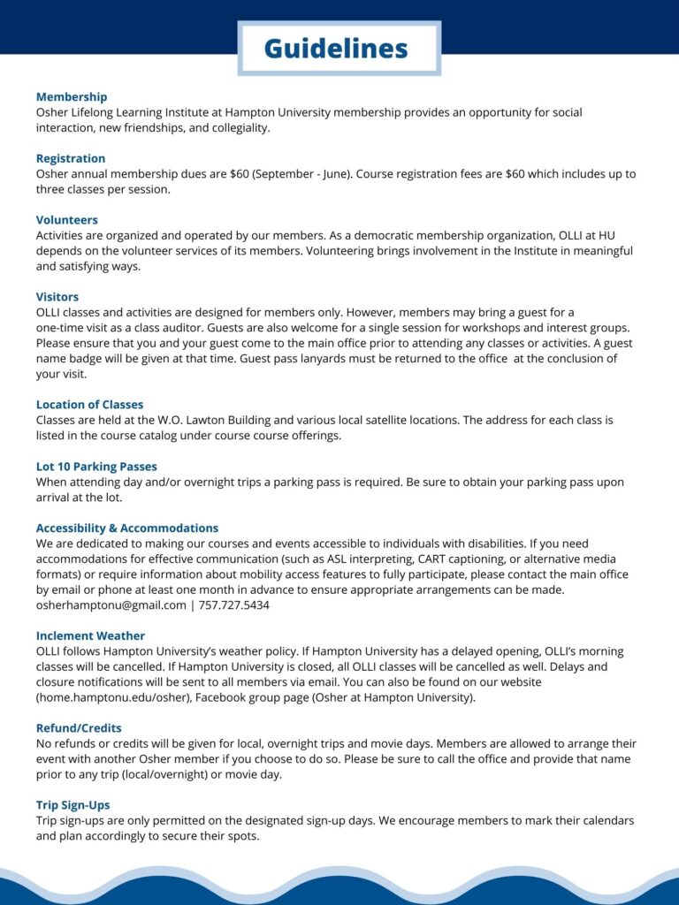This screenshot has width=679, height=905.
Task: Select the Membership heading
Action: pyautogui.click(x=72, y=96)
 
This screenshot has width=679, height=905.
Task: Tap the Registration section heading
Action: pyautogui.click(x=71, y=158)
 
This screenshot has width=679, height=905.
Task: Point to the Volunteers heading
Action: pyautogui.click(x=67, y=219)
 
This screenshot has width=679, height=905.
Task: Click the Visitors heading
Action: pyautogui.click(x=57, y=296)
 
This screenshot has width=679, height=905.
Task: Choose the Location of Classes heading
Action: pyautogui.click(x=89, y=404)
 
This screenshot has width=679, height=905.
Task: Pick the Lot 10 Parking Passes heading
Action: pyautogui.click(x=96, y=466)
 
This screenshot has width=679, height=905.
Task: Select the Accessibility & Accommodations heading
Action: pyautogui.click(x=127, y=528)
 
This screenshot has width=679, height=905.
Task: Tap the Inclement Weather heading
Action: pyautogui.click(x=90, y=635)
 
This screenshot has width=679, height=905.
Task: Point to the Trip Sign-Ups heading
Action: pyautogui.click(x=72, y=805)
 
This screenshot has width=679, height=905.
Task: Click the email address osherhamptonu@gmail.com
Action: pyautogui.click(x=111, y=605)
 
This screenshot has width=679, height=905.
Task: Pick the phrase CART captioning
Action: pyautogui.click(x=454, y=559)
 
